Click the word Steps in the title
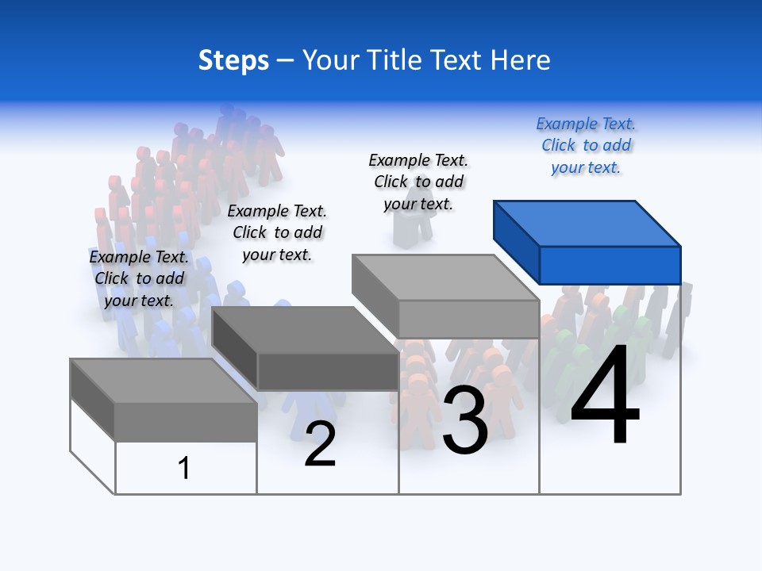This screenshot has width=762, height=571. click(233, 60)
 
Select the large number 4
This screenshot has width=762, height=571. click(605, 397)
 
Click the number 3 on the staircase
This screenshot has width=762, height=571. click(465, 421)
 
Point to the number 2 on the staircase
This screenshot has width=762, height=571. click(320, 444)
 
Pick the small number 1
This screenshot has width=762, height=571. click(184, 468)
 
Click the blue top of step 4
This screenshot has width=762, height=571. click(586, 224)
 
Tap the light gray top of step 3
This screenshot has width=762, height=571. click(444, 278)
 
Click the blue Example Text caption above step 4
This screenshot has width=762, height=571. click(586, 146)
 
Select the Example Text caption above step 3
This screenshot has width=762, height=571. click(418, 182)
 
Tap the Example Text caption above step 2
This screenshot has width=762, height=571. click(277, 232)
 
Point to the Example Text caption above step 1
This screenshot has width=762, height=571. click(139, 278)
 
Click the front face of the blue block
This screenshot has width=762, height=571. click(610, 265)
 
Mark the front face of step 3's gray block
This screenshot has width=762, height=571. click(468, 319)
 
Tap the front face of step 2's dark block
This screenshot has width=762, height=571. click(328, 371)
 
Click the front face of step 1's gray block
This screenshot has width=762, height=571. click(186, 422)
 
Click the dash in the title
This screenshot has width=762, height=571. click(285, 60)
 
